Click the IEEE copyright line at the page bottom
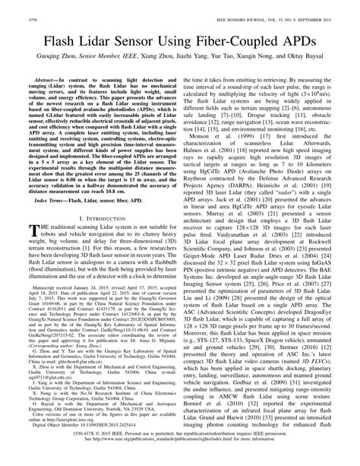coord(180,455)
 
